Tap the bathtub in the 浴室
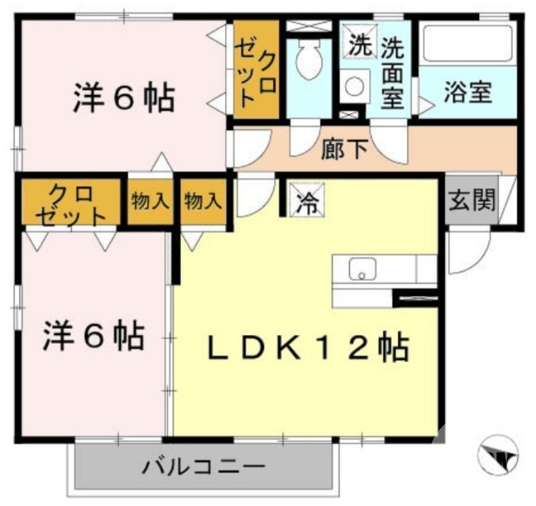(468, 44)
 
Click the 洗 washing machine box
(359, 45)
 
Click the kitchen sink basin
(362, 269)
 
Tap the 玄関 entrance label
(472, 199)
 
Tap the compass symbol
(498, 456)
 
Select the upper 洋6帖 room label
(123, 99)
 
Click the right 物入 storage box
(203, 200)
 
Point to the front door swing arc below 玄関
(464, 253)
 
